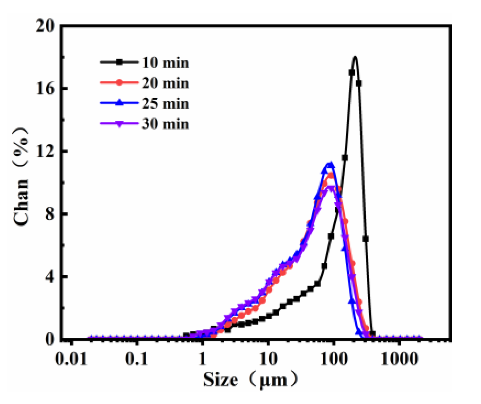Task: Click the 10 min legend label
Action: click(x=165, y=63)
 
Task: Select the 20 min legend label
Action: click(x=165, y=83)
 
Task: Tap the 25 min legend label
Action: click(x=165, y=104)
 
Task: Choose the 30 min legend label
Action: click(x=165, y=124)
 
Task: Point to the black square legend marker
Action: click(x=119, y=63)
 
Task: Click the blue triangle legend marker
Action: click(x=119, y=104)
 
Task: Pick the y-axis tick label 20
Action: click(x=45, y=26)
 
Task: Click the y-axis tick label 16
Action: click(x=45, y=89)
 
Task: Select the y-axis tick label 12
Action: click(x=45, y=151)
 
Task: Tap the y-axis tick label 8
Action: click(x=49, y=214)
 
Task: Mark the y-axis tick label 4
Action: click(x=49, y=277)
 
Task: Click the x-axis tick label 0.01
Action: click(x=72, y=359)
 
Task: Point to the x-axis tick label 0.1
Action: click(x=137, y=359)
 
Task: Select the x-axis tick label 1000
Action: click(x=399, y=359)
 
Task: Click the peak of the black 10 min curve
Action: click(x=355, y=57)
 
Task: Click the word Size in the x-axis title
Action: click(x=221, y=379)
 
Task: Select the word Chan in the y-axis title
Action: click(x=21, y=202)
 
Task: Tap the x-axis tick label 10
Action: click(x=268, y=359)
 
